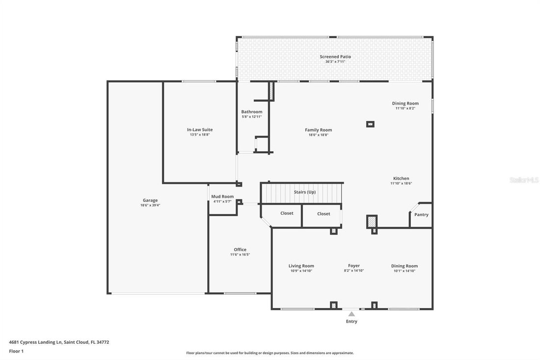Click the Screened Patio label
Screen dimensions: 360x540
[x=335, y=56]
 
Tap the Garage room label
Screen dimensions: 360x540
[x=150, y=200]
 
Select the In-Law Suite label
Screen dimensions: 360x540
[x=200, y=130]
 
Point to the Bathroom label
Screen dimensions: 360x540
[x=251, y=112]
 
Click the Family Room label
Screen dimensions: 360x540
[x=318, y=130]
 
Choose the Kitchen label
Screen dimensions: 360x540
[x=401, y=178]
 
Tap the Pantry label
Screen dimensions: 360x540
[x=421, y=215]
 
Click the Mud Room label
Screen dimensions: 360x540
[x=222, y=196]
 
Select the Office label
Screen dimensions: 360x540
[x=240, y=249]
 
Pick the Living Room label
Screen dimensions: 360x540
[x=301, y=266]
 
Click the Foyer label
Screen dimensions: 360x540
[x=354, y=266]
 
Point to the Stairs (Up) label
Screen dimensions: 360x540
[x=304, y=192]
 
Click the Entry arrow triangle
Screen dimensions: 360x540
[x=351, y=314]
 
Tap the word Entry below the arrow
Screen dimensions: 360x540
[x=351, y=322]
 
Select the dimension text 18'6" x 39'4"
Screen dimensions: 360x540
[x=150, y=205]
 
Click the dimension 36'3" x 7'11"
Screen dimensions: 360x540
[x=335, y=61]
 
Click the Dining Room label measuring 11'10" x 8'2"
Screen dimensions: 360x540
[x=405, y=103]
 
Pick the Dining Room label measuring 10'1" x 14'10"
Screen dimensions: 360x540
[x=405, y=266]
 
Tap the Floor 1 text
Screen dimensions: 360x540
[x=16, y=351]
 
